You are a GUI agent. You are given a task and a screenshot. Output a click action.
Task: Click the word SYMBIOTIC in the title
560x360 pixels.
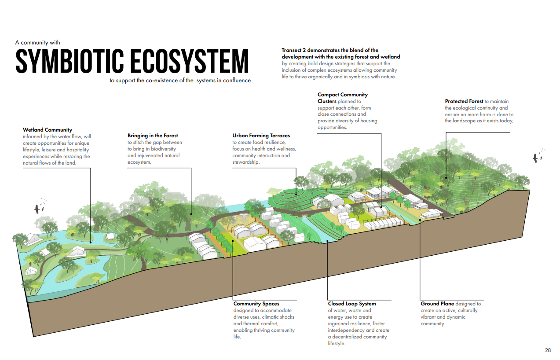70,61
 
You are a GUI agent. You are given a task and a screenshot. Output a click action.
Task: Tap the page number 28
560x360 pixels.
548,350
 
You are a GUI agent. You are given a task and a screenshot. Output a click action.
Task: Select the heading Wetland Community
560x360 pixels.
48,130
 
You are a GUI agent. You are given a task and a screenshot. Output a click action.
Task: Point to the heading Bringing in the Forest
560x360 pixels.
153,136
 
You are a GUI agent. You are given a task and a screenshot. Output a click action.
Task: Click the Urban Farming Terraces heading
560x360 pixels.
261,136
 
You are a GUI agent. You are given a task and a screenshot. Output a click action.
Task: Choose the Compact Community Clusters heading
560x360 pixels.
342,98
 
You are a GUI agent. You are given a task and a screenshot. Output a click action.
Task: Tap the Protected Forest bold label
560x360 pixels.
464,101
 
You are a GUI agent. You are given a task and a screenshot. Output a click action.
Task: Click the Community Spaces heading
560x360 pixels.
256,304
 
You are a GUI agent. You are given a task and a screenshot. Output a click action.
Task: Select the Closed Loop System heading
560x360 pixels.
351,304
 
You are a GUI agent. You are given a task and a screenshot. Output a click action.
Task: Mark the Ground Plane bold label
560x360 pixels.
437,304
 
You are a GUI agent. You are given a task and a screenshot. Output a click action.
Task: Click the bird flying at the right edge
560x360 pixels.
536,158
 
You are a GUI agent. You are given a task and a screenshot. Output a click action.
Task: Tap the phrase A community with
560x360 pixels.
37,43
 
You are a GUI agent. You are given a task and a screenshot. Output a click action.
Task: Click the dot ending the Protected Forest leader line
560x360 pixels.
446,178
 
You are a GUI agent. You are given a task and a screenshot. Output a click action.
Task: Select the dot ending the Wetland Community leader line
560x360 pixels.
91,242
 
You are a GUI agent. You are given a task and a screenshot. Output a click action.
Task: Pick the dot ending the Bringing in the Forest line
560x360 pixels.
191,214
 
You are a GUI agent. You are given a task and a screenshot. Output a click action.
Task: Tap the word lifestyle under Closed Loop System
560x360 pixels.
337,343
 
